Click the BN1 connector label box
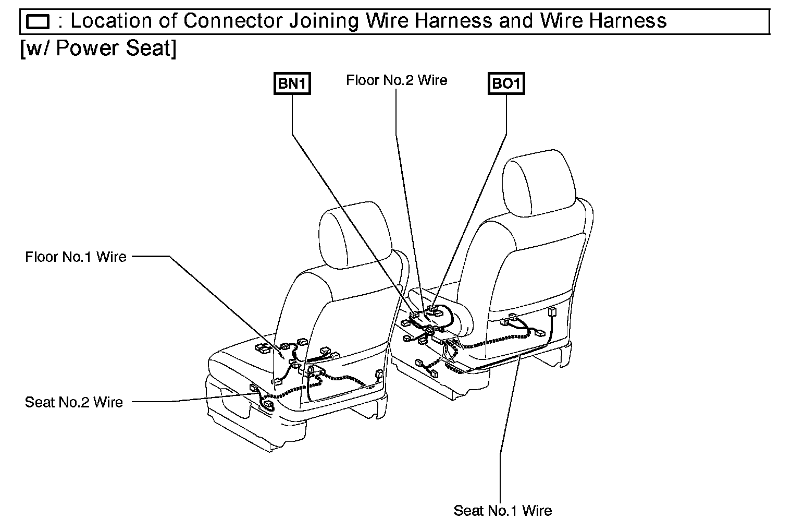point(292,84)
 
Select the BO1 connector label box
point(506,84)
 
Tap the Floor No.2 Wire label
point(397,80)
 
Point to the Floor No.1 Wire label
point(76,257)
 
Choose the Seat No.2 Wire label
point(74,402)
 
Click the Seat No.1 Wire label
point(502,510)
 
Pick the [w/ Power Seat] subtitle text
point(98,49)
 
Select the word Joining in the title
point(324,21)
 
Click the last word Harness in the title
point(628,21)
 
